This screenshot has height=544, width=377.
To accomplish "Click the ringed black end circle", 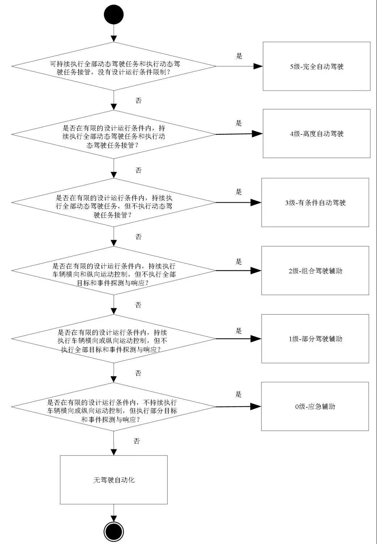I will click(x=114, y=531).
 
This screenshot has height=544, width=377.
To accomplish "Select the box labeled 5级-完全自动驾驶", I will click(x=316, y=66).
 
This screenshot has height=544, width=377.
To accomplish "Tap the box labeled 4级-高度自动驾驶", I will click(x=316, y=134).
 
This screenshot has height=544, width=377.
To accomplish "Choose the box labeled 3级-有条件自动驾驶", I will click(x=315, y=203).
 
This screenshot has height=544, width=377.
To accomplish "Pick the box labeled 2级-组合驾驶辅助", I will click(x=315, y=271).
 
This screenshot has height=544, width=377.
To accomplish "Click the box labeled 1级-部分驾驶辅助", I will click(x=315, y=339).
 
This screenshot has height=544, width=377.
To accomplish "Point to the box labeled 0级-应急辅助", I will click(x=315, y=406).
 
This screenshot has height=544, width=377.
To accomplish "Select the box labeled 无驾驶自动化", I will click(x=114, y=480).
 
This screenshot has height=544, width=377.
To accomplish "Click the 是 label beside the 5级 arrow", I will click(x=239, y=56).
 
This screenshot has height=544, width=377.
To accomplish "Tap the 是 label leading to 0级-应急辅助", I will click(x=239, y=394).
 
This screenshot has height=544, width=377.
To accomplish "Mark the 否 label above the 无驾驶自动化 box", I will click(x=136, y=441).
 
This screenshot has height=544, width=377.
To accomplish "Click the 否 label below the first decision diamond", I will click(x=138, y=100).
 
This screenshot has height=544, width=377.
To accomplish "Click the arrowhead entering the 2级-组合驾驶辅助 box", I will click(x=256, y=271).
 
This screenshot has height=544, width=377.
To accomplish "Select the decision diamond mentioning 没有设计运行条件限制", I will click(x=114, y=66).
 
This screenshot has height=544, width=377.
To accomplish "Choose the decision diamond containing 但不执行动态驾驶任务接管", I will click(x=114, y=203).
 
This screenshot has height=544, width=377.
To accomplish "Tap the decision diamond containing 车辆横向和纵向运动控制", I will click(x=114, y=271).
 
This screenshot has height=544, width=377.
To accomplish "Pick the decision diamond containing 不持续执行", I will click(x=114, y=407).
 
